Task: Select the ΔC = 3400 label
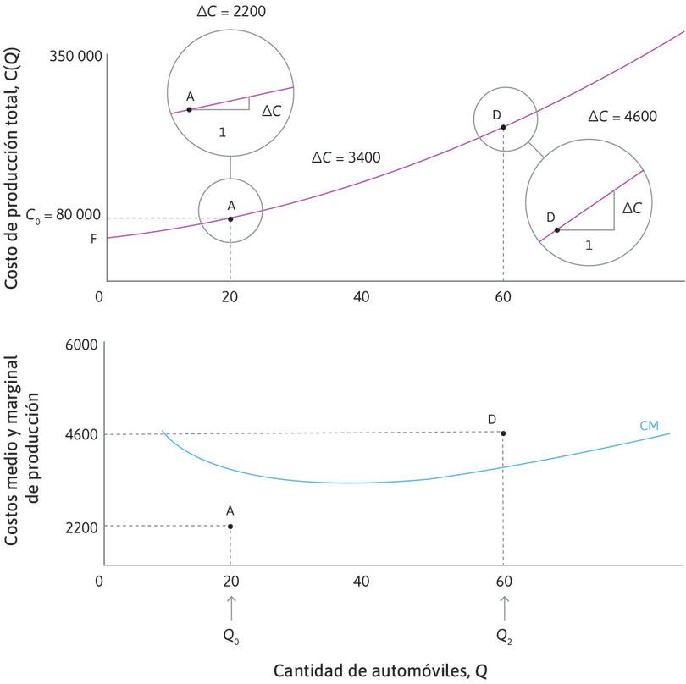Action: [346, 157]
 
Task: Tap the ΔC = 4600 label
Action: [622, 117]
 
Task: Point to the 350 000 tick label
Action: [75, 58]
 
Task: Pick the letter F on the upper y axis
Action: [94, 239]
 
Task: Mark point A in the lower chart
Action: [230, 527]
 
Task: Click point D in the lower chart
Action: [504, 433]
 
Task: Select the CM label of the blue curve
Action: [650, 425]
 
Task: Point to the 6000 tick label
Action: [81, 345]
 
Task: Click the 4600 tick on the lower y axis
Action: [81, 435]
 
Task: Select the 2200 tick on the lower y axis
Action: [81, 527]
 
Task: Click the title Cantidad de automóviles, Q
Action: [380, 670]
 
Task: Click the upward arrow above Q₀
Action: [230, 608]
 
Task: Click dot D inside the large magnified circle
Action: [556, 229]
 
